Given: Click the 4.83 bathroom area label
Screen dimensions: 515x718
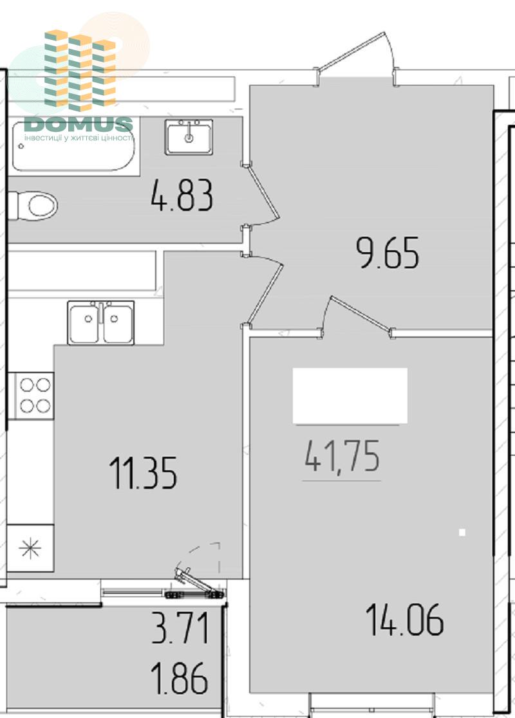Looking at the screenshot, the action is [x=182, y=196].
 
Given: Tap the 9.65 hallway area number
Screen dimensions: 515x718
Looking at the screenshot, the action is [x=388, y=252].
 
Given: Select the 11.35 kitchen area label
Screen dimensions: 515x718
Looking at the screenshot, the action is [x=143, y=473].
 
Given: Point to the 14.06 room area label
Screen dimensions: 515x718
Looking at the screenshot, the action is [x=404, y=620].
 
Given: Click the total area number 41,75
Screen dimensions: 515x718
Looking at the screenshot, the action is [x=342, y=456].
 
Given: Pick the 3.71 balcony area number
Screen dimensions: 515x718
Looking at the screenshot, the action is [x=180, y=628].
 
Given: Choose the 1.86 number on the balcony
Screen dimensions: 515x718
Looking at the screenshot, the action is [x=179, y=679].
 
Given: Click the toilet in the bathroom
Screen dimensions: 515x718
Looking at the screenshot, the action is [x=33, y=206].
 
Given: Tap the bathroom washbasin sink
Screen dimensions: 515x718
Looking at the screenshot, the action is [x=189, y=136].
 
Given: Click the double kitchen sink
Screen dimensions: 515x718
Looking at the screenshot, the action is [x=101, y=322].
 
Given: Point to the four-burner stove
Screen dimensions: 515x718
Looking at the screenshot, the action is [x=35, y=396].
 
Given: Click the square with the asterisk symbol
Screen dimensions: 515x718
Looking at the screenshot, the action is [x=30, y=548].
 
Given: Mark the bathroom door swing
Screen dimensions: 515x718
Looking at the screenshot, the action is [x=261, y=194].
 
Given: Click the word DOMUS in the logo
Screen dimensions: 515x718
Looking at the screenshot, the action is [x=79, y=124].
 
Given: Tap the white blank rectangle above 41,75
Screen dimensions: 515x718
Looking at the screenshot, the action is [x=350, y=396].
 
